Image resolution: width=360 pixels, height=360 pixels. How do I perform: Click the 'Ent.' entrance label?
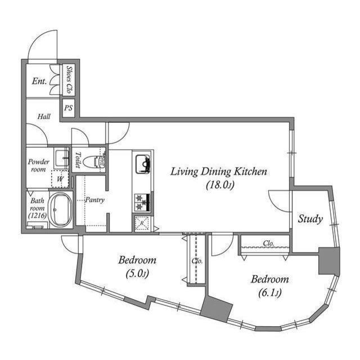pos(39,82)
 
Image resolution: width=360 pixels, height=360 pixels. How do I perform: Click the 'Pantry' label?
pos(94,200)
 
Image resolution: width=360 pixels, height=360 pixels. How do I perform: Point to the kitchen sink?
pos(142,163)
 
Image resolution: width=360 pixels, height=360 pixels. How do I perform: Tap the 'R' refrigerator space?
pos(141,223)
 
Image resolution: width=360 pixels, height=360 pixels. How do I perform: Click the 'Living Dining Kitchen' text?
pos(218,172)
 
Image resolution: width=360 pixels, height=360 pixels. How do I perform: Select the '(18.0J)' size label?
pos(218,184)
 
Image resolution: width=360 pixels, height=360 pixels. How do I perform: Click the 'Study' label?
pos(310,219)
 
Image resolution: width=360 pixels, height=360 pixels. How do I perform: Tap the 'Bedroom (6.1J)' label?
pos(269,286)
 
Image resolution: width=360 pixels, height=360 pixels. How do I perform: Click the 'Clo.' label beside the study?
pos(269,244)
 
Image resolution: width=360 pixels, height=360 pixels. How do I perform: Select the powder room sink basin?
pos(61,158)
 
